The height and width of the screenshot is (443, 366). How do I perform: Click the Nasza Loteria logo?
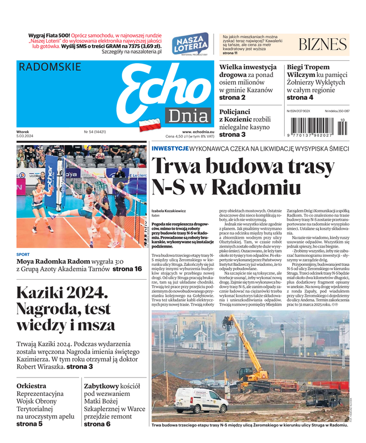click(x=189, y=44)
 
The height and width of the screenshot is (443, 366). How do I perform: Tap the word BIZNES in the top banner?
click(x=322, y=45)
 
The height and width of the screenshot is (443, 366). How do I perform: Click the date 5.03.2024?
click(x=26, y=137)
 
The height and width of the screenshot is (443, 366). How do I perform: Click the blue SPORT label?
click(x=23, y=254)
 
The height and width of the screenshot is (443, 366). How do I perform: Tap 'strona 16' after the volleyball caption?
click(x=127, y=269)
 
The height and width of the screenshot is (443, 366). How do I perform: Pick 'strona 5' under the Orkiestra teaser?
click(x=29, y=424)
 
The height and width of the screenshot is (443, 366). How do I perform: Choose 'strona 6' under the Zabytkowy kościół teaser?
click(x=97, y=424)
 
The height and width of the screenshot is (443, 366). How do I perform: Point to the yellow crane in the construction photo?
click(x=244, y=349)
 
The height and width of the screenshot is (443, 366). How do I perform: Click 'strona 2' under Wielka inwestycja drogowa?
click(x=233, y=97)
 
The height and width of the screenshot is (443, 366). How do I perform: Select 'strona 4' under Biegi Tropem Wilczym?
click(x=300, y=97)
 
